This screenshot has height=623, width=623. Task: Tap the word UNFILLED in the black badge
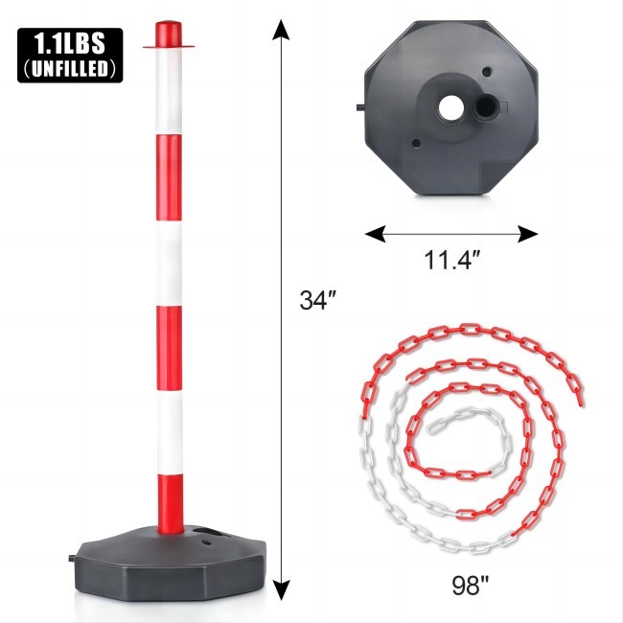69,68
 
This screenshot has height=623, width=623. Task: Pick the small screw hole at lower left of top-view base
415,145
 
